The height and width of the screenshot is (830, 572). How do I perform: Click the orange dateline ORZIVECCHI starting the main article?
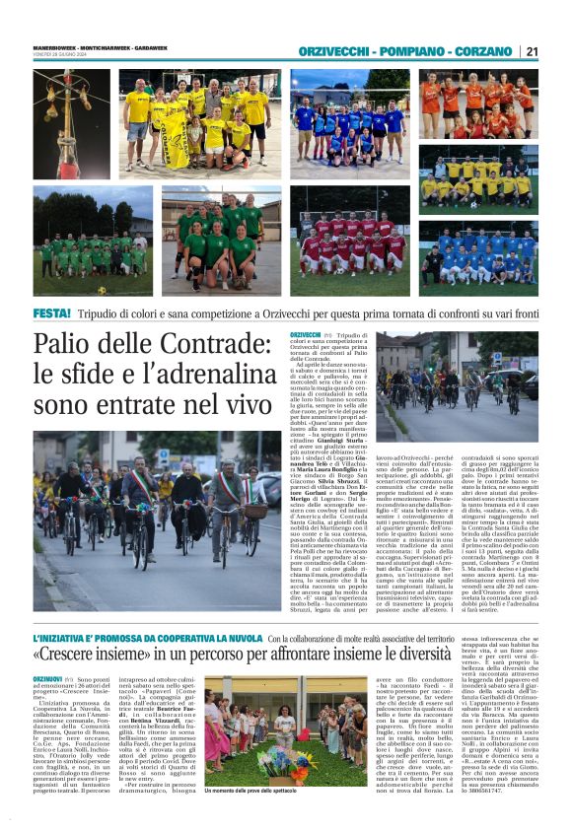(x=305, y=335)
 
